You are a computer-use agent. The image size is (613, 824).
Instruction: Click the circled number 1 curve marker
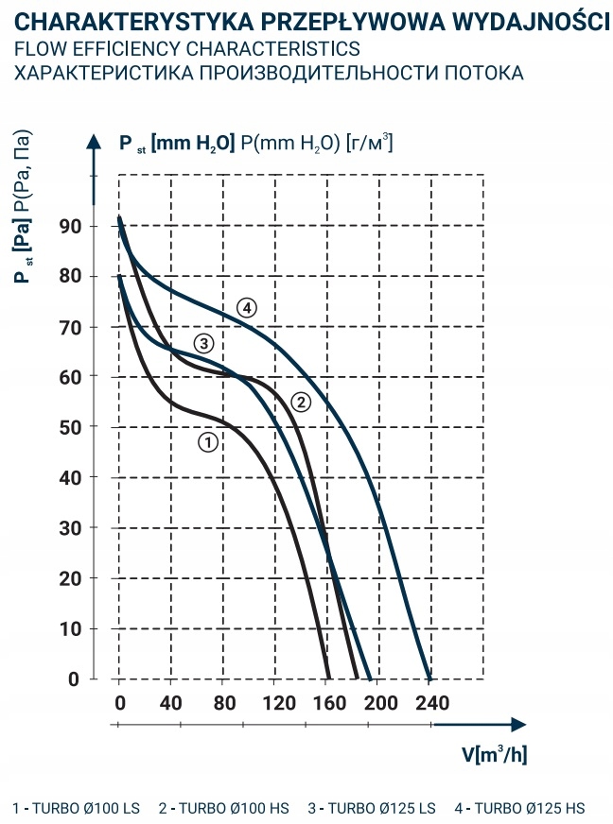209,440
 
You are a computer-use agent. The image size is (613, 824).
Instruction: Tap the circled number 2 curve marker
301,403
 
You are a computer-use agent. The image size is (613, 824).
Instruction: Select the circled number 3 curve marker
202,343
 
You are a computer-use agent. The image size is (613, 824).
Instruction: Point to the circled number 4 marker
247,308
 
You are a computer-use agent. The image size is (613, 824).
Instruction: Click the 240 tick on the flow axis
429,703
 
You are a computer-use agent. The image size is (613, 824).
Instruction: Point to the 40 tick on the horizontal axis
171,703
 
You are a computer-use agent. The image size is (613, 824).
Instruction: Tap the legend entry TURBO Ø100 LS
77,808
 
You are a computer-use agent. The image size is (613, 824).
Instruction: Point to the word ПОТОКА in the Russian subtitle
473,73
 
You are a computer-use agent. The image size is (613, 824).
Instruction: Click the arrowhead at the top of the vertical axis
94,142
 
